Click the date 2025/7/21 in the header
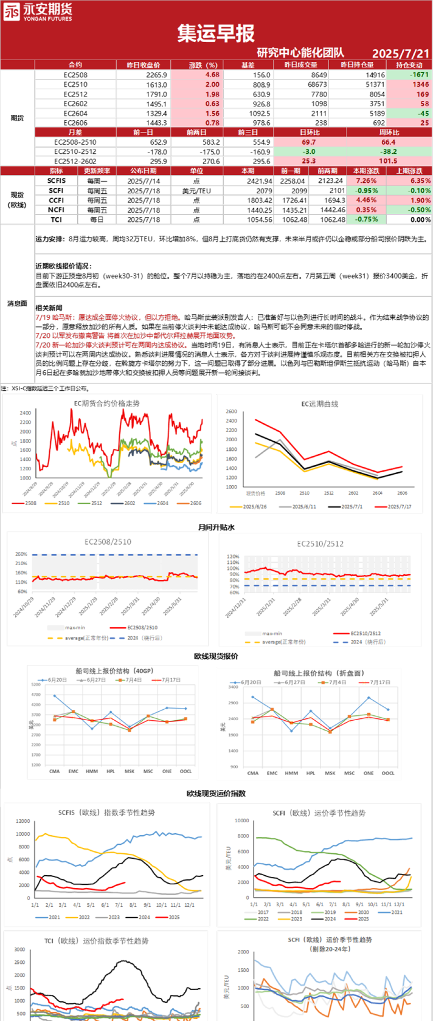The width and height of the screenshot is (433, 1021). pyautogui.click(x=400, y=53)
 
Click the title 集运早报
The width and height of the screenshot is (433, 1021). pyautogui.click(x=216, y=33)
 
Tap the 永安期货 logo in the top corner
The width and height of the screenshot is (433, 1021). pyautogui.click(x=38, y=12)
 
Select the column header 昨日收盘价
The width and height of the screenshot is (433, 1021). pyautogui.click(x=144, y=65)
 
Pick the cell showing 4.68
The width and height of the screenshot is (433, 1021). pyautogui.click(x=212, y=75)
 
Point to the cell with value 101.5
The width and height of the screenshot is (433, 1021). pyautogui.click(x=388, y=161)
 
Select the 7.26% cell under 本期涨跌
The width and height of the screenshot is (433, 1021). pyautogui.click(x=366, y=180)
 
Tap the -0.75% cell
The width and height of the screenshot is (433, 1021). pyautogui.click(x=366, y=219)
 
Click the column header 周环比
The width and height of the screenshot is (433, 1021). pyautogui.click(x=389, y=132)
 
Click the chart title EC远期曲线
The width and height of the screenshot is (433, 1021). pyautogui.click(x=320, y=404)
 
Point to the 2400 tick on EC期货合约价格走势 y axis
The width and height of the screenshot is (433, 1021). pyautogui.click(x=25, y=413)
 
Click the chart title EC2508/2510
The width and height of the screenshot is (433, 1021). pyautogui.click(x=108, y=541)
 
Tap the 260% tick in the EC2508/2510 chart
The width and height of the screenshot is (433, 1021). pyautogui.click(x=21, y=554)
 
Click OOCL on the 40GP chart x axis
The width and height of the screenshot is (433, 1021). pyautogui.click(x=185, y=771)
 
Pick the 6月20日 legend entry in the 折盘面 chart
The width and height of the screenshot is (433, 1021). pyautogui.click(x=251, y=682)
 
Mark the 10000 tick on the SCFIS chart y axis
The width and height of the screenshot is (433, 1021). pyautogui.click(x=23, y=834)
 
